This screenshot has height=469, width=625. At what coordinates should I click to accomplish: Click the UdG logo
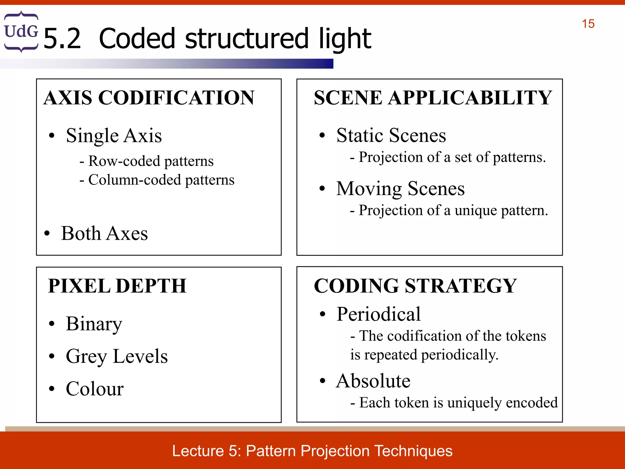(x=21, y=31)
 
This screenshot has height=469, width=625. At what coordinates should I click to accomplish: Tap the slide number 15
(x=588, y=24)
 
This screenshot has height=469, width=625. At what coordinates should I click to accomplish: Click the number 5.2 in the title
(x=62, y=39)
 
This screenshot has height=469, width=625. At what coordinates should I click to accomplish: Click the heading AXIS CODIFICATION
(x=149, y=98)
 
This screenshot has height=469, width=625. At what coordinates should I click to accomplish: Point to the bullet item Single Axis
(x=114, y=136)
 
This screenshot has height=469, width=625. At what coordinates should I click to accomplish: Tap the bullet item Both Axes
(x=104, y=234)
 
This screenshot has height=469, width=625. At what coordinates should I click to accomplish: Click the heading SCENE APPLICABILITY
(x=433, y=98)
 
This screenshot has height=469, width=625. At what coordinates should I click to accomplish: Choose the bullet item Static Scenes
(x=391, y=135)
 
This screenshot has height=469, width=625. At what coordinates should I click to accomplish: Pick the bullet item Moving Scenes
(x=400, y=188)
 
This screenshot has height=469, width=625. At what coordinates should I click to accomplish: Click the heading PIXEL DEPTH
(x=117, y=286)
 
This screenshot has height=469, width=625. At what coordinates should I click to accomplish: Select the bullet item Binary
(x=94, y=324)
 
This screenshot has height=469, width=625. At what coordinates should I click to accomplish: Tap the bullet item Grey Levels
(x=117, y=356)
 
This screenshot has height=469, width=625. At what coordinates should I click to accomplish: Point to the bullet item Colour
(x=95, y=389)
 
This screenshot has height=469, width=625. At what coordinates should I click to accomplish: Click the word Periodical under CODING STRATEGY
(x=378, y=314)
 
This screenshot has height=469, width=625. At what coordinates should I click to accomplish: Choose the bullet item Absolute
(x=373, y=381)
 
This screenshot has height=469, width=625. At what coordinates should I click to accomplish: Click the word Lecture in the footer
(x=198, y=451)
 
